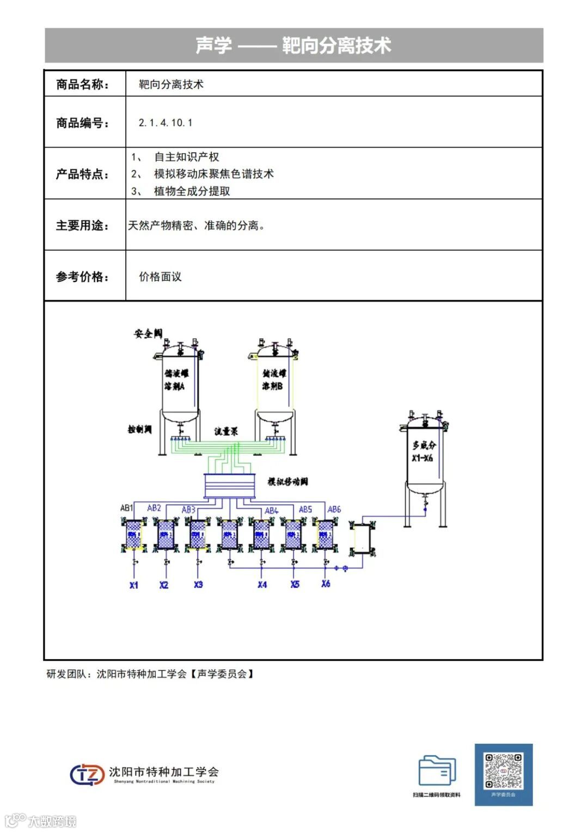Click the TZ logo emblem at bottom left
tap(87, 774)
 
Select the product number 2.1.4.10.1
tap(166, 123)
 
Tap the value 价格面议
tap(160, 277)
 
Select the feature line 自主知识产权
tap(186, 157)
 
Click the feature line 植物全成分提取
tap(192, 191)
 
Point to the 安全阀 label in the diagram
tap(148, 333)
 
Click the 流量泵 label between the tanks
tap(226, 432)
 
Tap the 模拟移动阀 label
tap(287, 482)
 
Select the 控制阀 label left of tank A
tap(139, 429)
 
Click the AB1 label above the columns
tap(126, 508)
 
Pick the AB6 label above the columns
tap(334, 509)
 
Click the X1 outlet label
tap(134, 585)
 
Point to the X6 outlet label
tap(326, 584)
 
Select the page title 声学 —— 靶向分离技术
tap(293, 45)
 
